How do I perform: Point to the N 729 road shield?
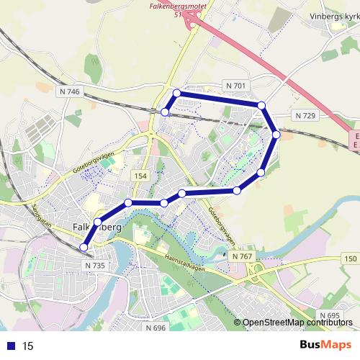[x=305, y=115]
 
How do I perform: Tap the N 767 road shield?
[x=243, y=256]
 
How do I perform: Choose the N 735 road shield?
[x=94, y=265]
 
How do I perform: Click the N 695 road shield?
[x=328, y=316]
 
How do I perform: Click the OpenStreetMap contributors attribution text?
[x=294, y=323]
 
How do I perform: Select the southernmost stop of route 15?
[x=84, y=248]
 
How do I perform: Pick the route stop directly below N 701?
[x=261, y=106]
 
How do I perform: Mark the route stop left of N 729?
[x=276, y=135]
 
